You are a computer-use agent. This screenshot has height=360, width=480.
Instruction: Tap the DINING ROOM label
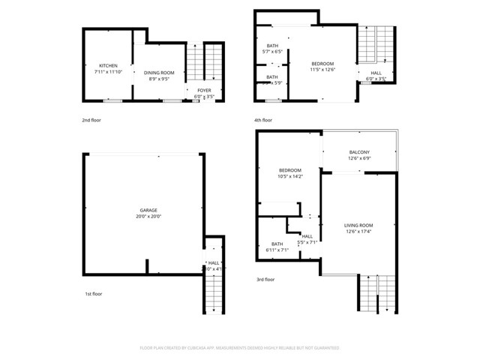(x=158, y=72)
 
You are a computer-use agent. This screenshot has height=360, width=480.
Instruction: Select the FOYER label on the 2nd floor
(x=204, y=90)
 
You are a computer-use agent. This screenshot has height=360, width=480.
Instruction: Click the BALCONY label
(x=358, y=152)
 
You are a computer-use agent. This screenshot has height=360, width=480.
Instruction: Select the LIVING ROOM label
(x=358, y=225)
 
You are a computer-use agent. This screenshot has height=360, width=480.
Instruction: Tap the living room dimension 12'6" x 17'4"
(x=358, y=231)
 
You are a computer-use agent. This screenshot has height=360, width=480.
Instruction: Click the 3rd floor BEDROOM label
(x=289, y=170)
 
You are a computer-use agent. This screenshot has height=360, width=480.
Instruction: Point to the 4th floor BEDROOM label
(x=322, y=63)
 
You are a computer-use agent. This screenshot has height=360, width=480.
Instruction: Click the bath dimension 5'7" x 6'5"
(x=272, y=52)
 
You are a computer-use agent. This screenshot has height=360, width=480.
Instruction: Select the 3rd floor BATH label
(x=277, y=244)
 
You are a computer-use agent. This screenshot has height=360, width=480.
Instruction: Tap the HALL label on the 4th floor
(x=375, y=73)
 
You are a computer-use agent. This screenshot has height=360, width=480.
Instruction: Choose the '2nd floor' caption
(x=91, y=120)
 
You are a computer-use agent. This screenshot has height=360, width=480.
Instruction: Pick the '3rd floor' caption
(x=265, y=278)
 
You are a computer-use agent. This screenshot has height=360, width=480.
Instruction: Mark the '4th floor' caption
(x=262, y=120)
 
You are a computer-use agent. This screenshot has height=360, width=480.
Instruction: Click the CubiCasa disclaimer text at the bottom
(x=240, y=348)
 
